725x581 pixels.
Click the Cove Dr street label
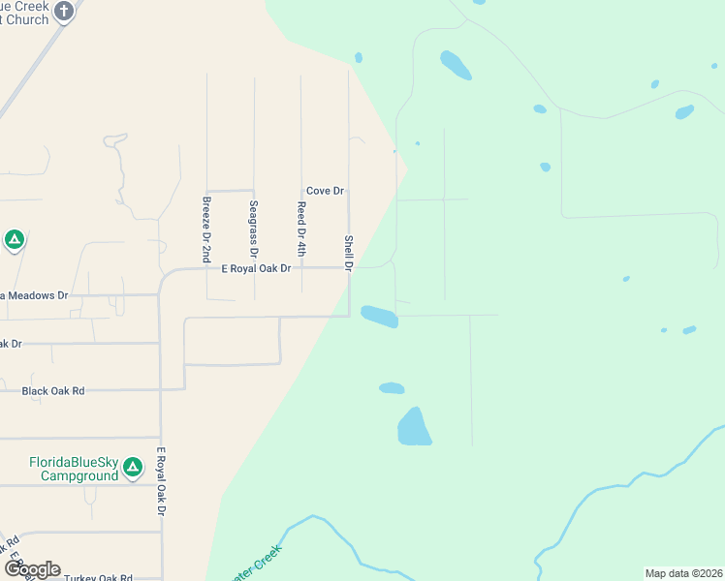325,191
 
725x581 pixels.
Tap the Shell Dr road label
348,251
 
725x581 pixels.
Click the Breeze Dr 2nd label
206,229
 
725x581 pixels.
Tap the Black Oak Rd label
53,390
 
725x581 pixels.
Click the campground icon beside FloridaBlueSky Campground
133,469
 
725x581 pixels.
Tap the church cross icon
64,12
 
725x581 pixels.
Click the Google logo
32,569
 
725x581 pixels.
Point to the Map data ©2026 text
683,573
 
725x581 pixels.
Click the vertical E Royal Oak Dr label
162,481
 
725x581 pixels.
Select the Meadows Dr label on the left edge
35,294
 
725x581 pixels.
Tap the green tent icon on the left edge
14,239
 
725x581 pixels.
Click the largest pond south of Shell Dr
414,427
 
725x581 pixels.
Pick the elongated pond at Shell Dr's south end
379,316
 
